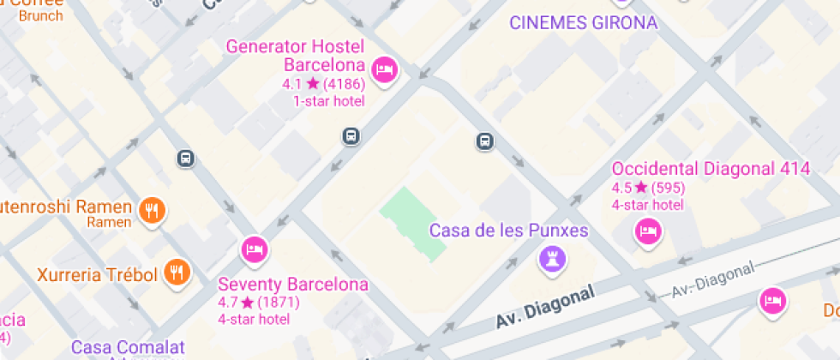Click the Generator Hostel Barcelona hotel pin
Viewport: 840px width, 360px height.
383,68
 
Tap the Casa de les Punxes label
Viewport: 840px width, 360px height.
508,231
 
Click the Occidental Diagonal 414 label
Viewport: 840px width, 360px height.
711,169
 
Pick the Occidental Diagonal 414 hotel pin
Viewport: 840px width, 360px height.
648,231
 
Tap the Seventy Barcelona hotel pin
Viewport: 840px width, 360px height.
254,249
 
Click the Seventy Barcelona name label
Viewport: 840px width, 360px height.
293,285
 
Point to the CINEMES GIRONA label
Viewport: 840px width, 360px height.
583,23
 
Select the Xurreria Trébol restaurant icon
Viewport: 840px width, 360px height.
177,273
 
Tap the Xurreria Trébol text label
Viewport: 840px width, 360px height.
97,275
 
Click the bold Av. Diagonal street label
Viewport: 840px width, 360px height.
544,308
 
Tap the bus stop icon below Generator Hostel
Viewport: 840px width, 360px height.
351,135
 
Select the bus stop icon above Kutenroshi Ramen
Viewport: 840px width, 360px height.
186,158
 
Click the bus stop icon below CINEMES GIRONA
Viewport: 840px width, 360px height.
484,141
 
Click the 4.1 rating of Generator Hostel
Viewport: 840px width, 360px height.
293,84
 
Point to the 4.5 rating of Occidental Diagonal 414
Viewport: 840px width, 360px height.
621,188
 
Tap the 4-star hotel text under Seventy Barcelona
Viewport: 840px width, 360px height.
254,319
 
